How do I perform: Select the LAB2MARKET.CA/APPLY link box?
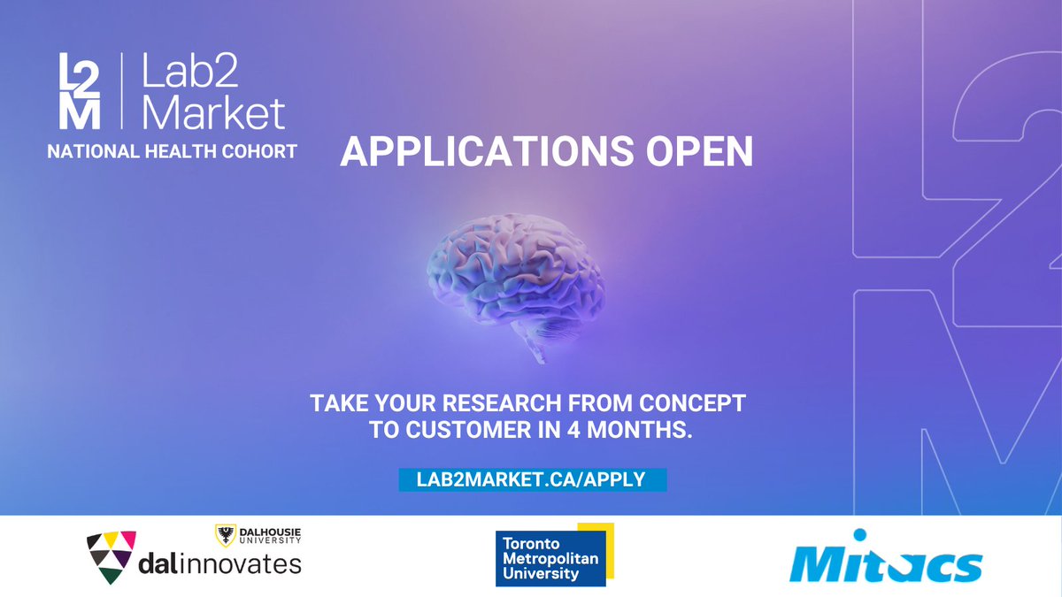pyautogui.click(x=532, y=479)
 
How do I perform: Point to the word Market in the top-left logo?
pyautogui.click(x=213, y=114)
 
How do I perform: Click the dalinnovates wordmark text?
pyautogui.click(x=221, y=563)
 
